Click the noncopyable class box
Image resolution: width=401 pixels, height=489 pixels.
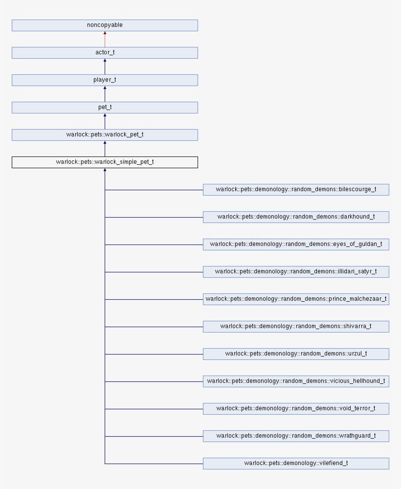coord(105,25)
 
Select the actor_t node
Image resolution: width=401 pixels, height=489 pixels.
coord(105,52)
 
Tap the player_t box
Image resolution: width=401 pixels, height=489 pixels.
coord(105,80)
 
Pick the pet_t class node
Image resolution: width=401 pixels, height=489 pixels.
coord(105,107)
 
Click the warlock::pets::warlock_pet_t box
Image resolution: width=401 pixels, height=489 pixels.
coord(105,134)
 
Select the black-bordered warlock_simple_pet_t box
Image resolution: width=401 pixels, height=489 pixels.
coord(105,162)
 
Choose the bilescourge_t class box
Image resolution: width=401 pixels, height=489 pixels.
coord(296,189)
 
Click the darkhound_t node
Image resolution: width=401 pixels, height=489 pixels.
coord(296,217)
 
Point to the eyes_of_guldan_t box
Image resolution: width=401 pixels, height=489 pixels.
coord(296,244)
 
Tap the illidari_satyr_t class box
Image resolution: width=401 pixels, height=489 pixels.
coord(296,271)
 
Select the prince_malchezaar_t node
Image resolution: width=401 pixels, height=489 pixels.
coord(296,299)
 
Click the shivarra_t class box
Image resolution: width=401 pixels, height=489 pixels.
coord(296,326)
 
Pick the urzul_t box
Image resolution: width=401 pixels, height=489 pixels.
coord(296,354)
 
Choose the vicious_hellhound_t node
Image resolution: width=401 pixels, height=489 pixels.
coord(296,381)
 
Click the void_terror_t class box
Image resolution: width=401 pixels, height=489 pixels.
coord(296,408)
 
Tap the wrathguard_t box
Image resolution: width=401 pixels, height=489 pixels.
coord(296,436)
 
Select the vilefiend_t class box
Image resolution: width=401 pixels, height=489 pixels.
coord(296,463)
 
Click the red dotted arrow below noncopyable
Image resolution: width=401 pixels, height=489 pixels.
coord(105,39)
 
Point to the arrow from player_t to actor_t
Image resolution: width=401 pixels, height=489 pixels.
coord(105,67)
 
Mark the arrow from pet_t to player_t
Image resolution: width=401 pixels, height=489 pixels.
coord(105,94)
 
